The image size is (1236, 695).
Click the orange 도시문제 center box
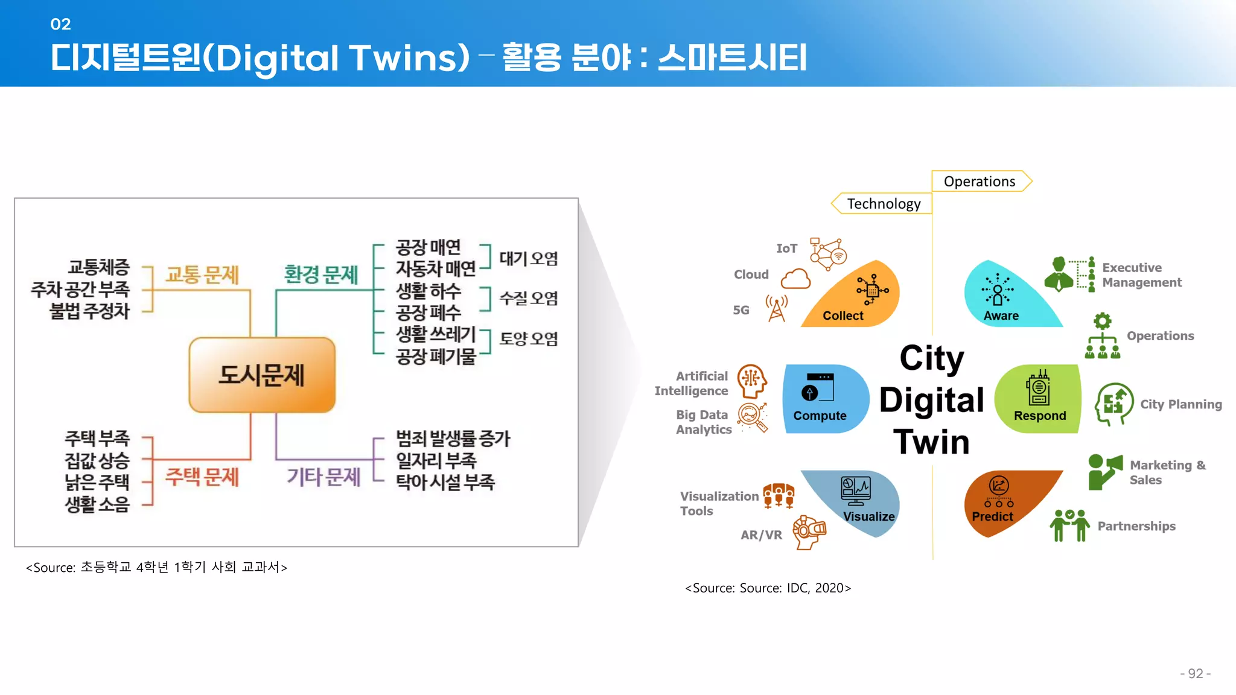tap(262, 375)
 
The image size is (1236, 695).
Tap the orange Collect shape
tap(857, 299)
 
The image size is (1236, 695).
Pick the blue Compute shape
tap(823, 399)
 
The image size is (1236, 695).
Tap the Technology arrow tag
tap(882, 204)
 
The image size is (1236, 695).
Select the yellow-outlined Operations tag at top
tap(980, 181)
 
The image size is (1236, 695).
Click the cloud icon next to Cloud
tap(795, 279)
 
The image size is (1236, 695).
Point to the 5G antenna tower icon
tap(777, 308)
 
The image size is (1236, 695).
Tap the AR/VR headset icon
tap(809, 532)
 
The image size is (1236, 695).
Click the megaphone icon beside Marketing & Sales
tap(1104, 471)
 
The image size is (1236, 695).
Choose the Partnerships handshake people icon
tap(1069, 525)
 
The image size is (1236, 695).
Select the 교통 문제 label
tap(202, 275)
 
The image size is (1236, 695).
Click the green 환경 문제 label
tap(321, 275)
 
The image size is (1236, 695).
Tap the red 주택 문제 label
tap(202, 477)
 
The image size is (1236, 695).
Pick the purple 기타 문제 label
tap(323, 477)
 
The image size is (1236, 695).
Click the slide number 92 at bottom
tap(1195, 673)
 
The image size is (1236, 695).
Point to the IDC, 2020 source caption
tap(768, 588)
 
